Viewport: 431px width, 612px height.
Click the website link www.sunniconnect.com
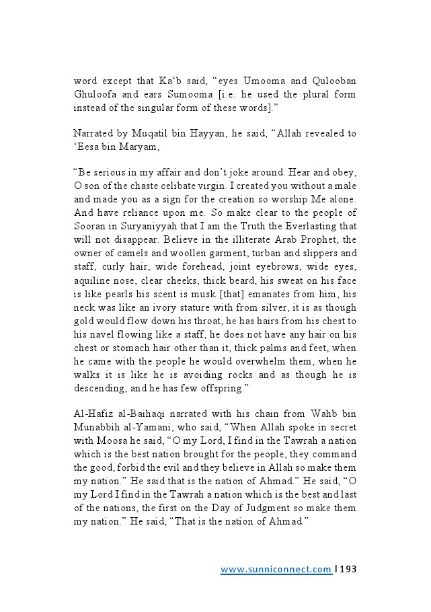[x=276, y=570]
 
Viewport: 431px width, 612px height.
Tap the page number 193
[x=348, y=570]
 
